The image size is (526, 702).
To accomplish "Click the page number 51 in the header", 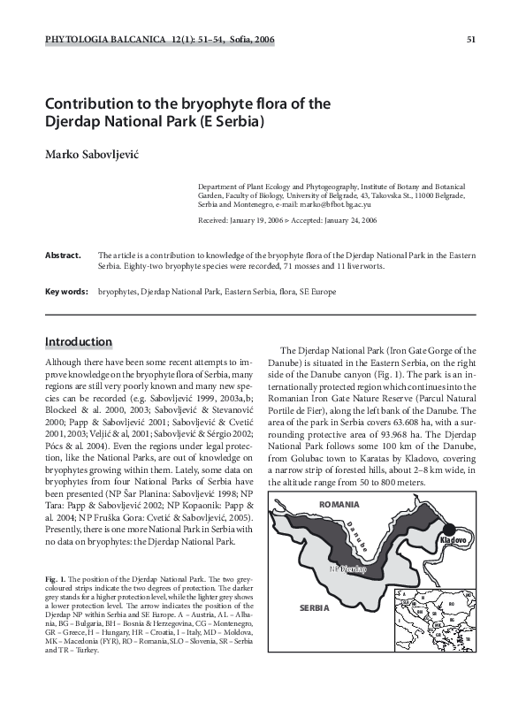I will click(x=470, y=40).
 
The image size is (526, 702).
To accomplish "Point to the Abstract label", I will click(x=63, y=256).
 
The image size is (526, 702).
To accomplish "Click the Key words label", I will click(x=66, y=291).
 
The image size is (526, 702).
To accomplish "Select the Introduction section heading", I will click(x=79, y=342).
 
